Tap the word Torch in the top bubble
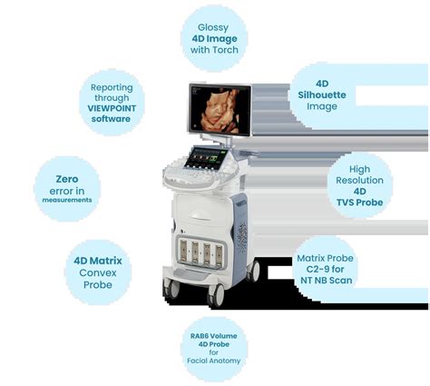(x=228, y=50)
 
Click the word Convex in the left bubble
(x=98, y=272)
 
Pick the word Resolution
(x=359, y=180)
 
